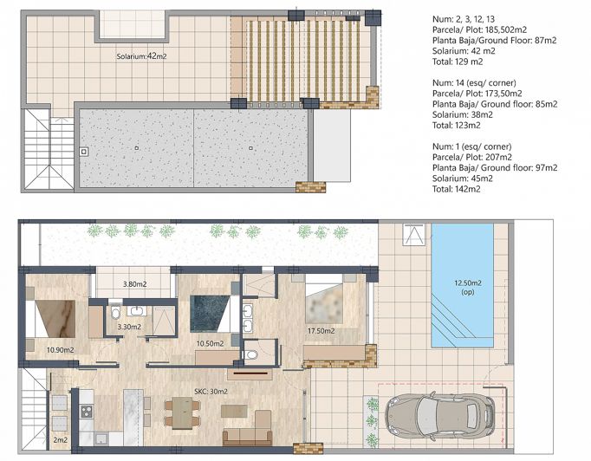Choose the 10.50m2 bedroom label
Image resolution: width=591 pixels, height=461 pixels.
point(209,343)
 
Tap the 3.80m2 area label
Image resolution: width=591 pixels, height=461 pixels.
point(135,284)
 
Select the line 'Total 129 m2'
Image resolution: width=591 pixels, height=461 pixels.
point(458,62)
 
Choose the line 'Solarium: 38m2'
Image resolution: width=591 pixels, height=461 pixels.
point(462,114)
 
